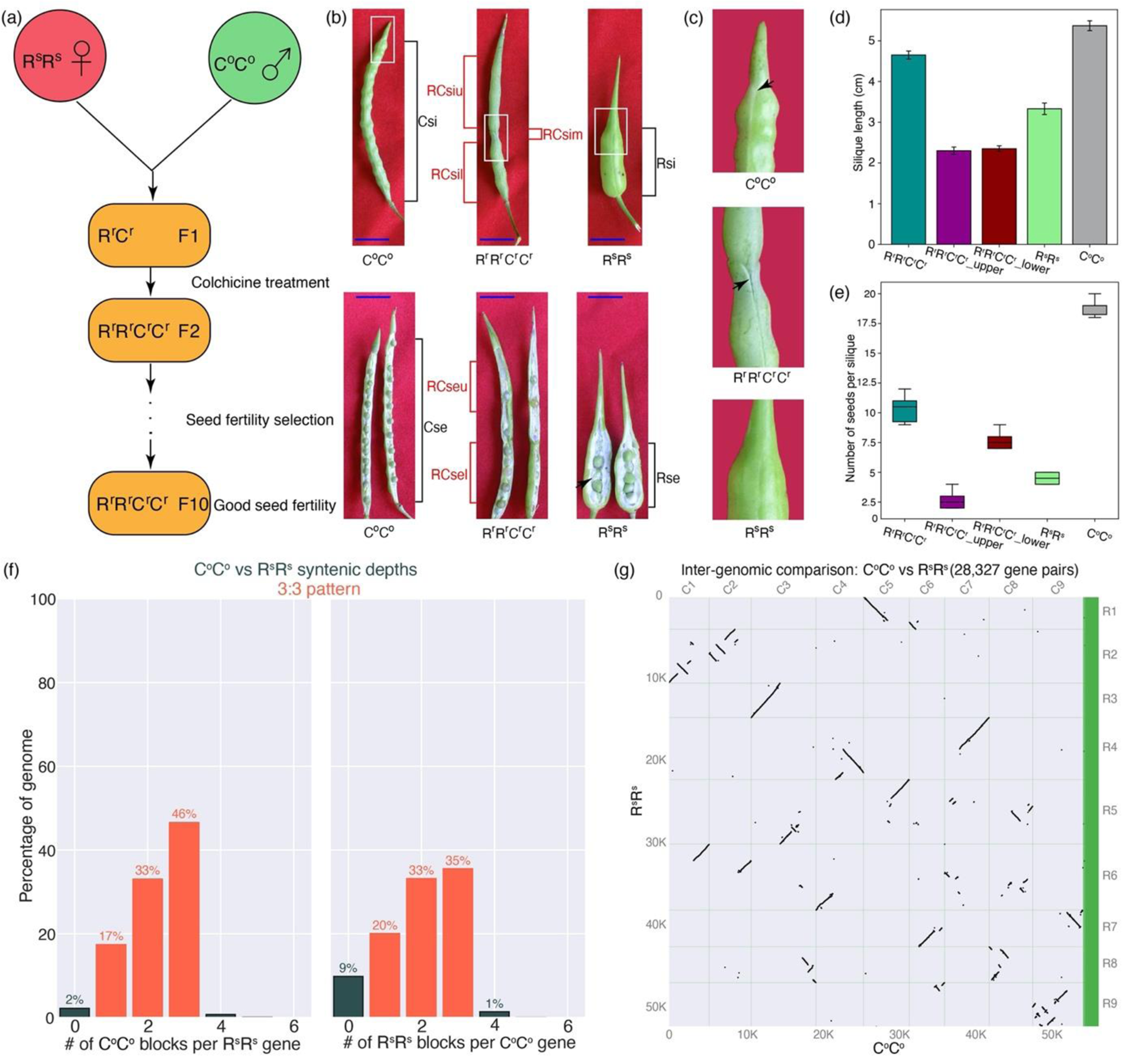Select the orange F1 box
point(149,236)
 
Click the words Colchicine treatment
point(260,282)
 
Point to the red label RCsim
point(563,134)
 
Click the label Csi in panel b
point(427,122)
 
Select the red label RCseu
point(447,386)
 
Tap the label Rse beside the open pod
point(668,478)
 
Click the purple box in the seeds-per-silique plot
point(952,501)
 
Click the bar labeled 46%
point(184,920)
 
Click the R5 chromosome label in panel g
point(1109,810)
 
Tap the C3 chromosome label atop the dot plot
point(782,588)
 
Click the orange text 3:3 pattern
point(318,589)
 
